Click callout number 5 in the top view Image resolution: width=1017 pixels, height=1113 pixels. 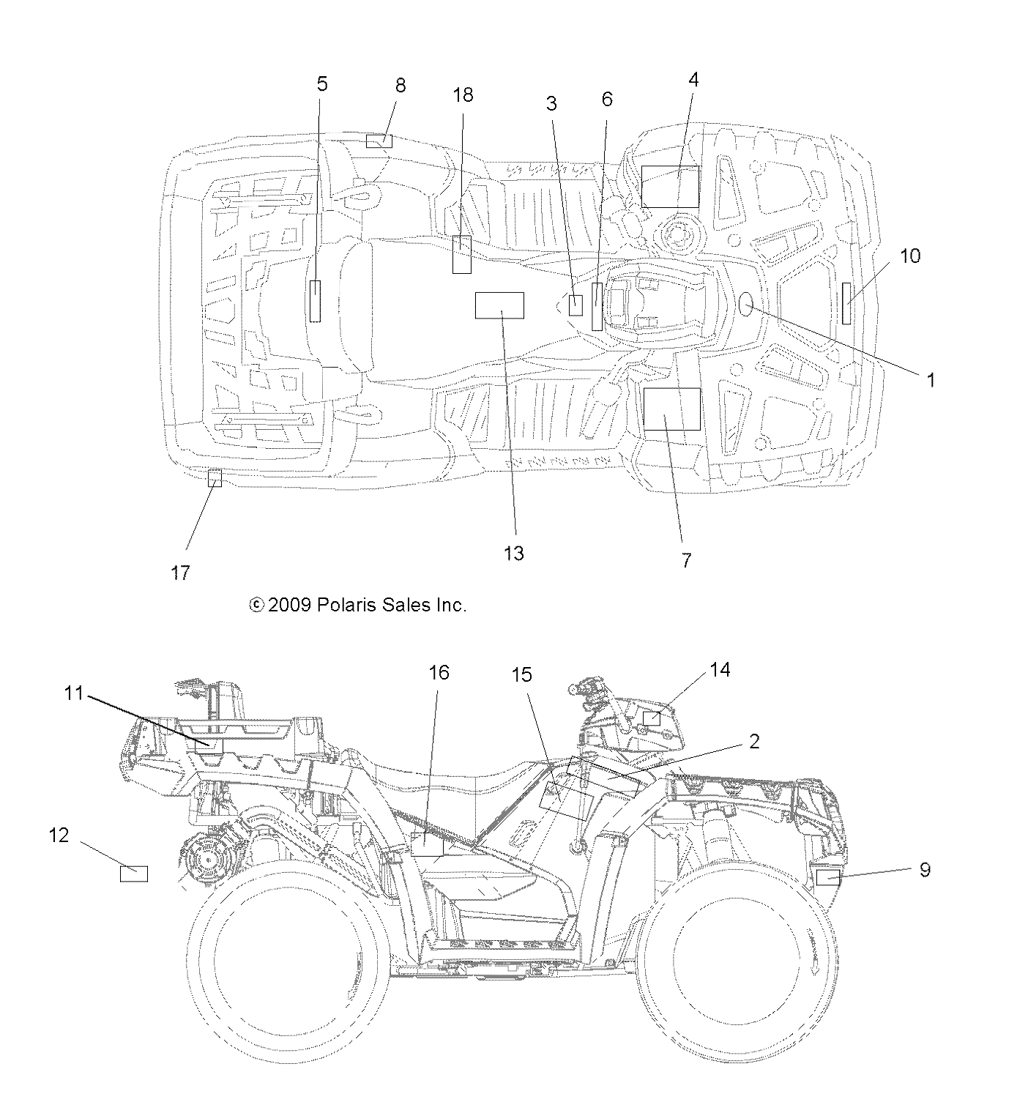[x=322, y=83]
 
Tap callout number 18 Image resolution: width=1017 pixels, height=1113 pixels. [x=463, y=95]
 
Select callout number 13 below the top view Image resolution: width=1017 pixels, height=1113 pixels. [x=514, y=554]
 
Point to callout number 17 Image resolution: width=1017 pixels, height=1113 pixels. [x=180, y=573]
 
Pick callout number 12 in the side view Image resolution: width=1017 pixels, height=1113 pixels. [x=59, y=835]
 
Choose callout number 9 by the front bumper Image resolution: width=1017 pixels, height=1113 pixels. [x=925, y=869]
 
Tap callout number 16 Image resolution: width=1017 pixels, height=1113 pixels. [x=439, y=672]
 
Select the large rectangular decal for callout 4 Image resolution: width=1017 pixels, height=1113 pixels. [x=670, y=186]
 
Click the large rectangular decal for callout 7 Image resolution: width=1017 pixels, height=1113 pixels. [x=671, y=409]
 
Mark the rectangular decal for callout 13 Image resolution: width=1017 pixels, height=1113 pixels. [x=499, y=305]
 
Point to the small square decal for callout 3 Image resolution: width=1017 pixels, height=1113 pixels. [x=576, y=305]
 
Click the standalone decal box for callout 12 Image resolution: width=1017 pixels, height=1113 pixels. [x=133, y=874]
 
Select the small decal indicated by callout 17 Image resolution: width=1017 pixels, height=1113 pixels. [x=215, y=479]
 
